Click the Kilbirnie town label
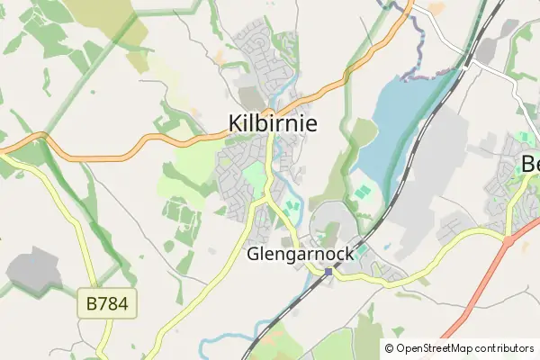click(x=273, y=122)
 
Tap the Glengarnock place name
click(x=301, y=255)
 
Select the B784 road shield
click(x=108, y=305)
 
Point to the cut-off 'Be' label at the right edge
click(x=530, y=165)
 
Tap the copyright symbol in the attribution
click(x=389, y=347)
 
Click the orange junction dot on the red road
click(x=509, y=242)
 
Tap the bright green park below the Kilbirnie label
click(x=256, y=175)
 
